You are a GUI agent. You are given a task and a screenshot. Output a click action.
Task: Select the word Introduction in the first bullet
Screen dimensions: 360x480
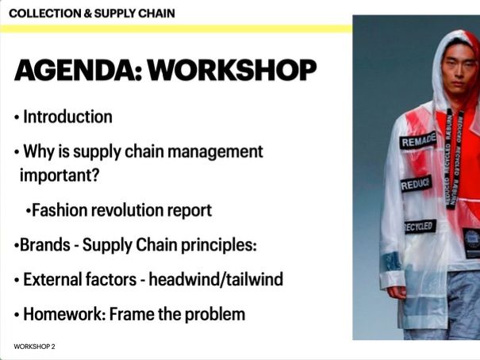pyautogui.click(x=67, y=117)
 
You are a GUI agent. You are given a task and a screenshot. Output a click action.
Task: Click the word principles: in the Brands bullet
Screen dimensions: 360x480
pyautogui.click(x=217, y=245)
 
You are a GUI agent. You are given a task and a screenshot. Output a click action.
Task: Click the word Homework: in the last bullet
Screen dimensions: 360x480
pyautogui.click(x=63, y=314)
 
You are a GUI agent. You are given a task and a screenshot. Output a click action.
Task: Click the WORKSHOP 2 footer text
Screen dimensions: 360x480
pyautogui.click(x=34, y=347)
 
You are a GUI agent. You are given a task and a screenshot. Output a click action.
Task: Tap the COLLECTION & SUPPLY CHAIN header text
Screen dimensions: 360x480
pyautogui.click(x=92, y=13)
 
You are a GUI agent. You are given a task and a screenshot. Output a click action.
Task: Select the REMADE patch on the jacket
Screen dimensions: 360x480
pyautogui.click(x=419, y=142)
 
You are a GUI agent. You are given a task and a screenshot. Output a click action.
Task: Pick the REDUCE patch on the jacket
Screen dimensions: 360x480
pyautogui.click(x=416, y=185)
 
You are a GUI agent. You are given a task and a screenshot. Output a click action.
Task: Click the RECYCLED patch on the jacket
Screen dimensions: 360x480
pyautogui.click(x=419, y=227)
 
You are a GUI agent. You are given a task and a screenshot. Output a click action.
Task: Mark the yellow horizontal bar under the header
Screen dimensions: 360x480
pyautogui.click(x=175, y=29)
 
